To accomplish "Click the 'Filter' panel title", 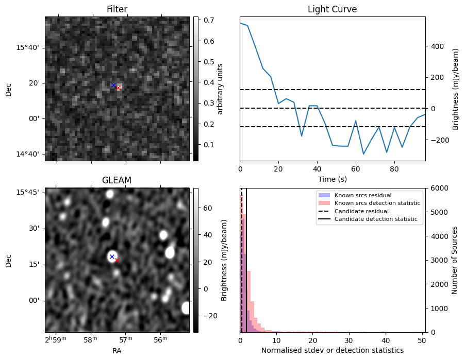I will pyautogui.click(x=117, y=9).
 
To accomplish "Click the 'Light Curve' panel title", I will pyautogui.click(x=332, y=9).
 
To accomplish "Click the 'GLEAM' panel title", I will pyautogui.click(x=117, y=180).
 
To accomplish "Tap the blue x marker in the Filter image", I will pyautogui.click(x=113, y=85).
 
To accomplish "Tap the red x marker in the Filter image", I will pyautogui.click(x=118, y=88).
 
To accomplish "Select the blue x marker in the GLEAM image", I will pyautogui.click(x=112, y=256).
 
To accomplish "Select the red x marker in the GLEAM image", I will pyautogui.click(x=117, y=260).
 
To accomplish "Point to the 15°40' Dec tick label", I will pyautogui.click(x=28, y=48).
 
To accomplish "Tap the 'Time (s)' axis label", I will pyautogui.click(x=332, y=178).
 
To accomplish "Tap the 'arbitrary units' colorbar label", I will pyautogui.click(x=221, y=89).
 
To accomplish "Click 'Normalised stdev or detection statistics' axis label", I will pyautogui.click(x=332, y=350).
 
